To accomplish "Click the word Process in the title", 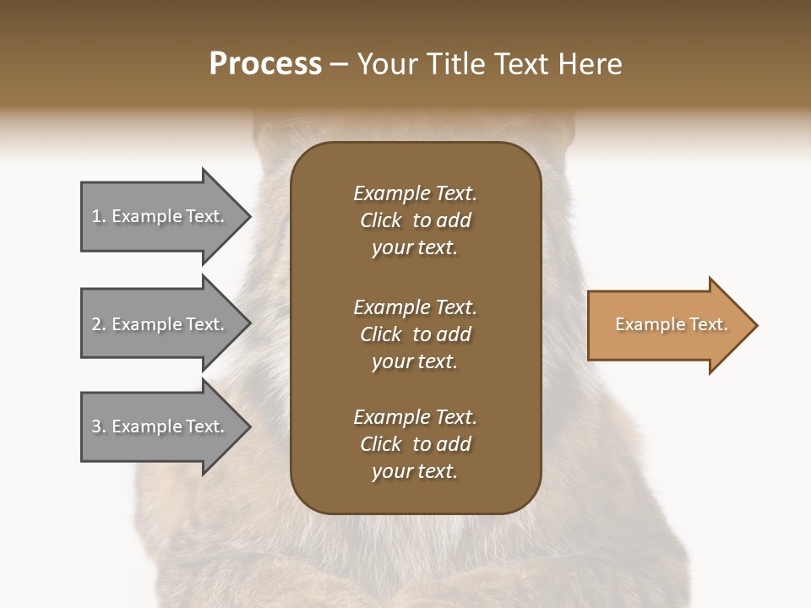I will click(x=265, y=64).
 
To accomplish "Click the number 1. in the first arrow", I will click(x=99, y=217).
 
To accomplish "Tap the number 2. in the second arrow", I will click(x=99, y=324).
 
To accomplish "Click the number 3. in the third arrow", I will click(x=99, y=426).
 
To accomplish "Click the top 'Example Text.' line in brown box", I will click(x=415, y=193).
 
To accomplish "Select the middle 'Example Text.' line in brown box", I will click(x=415, y=307).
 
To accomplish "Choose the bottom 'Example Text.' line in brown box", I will click(x=415, y=417).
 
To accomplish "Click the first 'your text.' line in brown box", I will click(x=415, y=248).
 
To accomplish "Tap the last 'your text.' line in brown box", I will click(x=415, y=472).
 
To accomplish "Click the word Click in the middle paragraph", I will click(x=381, y=334).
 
